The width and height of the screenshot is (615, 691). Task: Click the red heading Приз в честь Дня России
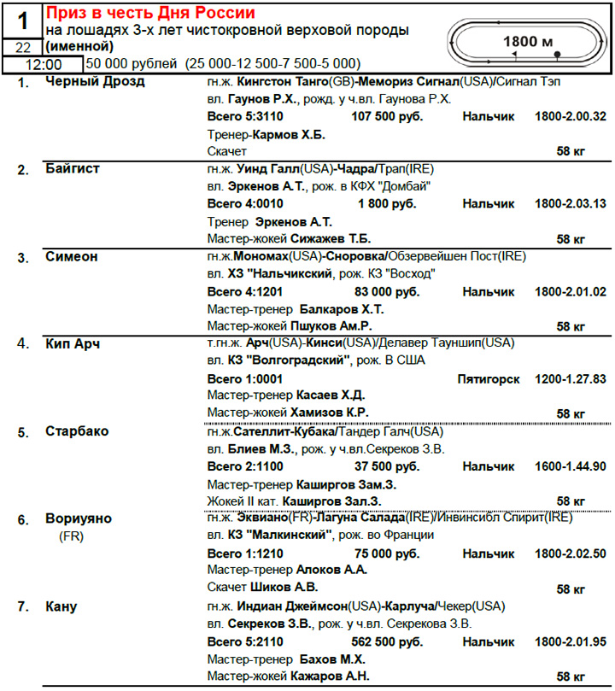150,13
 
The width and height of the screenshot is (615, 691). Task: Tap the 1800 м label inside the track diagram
527,41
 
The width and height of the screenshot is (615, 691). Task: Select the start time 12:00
42,64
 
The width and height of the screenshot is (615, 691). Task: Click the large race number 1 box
22,19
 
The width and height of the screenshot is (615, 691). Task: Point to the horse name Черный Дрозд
95,82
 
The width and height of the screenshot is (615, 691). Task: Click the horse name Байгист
73,169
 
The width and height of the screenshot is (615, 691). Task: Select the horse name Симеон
71,256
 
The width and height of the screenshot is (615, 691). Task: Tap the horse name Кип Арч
73,343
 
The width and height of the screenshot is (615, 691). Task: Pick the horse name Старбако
77,431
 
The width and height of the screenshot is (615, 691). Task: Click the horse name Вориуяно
79,518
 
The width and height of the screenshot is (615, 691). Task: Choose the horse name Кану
61,606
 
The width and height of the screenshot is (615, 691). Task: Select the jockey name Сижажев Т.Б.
330,238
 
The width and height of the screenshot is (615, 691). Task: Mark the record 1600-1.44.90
570,466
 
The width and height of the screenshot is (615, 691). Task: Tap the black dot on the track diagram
557,54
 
